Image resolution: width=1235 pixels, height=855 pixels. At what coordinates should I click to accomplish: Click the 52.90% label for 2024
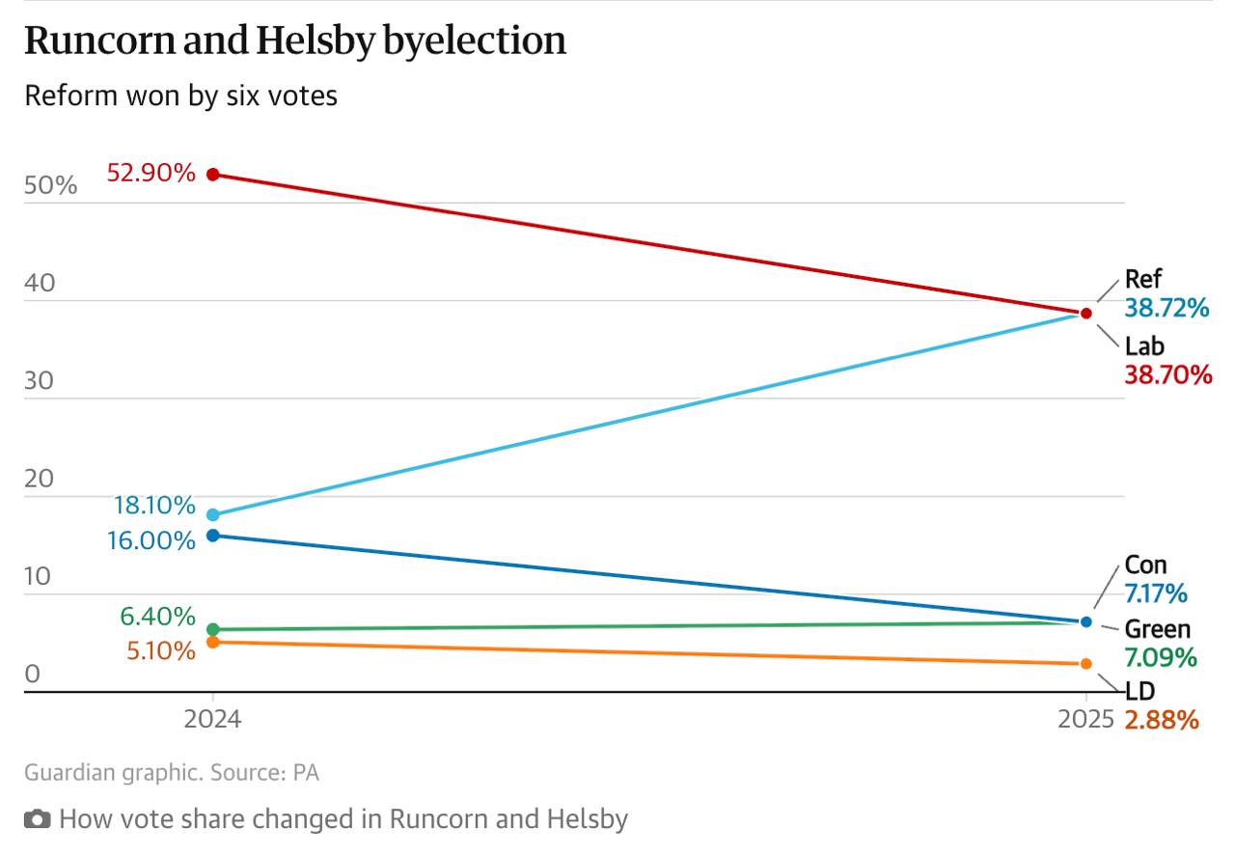(151, 174)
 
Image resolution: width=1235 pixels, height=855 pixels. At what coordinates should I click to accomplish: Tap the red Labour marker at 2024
(213, 175)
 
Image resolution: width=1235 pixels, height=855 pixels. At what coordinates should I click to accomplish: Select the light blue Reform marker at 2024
(213, 514)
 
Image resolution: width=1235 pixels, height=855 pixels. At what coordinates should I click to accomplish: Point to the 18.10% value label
(154, 506)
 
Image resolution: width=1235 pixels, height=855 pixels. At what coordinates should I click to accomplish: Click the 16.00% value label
(151, 540)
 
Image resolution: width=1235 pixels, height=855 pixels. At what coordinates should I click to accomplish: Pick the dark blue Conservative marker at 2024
(213, 535)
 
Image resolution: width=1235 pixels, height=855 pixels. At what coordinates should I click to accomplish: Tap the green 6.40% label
(157, 617)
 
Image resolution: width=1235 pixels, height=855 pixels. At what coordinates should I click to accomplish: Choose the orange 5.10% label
(161, 651)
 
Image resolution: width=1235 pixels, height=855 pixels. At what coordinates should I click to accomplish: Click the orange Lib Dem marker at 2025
(1086, 664)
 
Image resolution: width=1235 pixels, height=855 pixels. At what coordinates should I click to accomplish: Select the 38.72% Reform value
(1166, 309)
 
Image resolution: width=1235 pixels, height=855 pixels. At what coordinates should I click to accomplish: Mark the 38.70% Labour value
(1167, 374)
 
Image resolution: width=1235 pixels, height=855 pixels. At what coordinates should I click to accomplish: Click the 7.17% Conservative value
(1156, 593)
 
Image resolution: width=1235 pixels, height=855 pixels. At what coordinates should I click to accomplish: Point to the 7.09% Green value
(1161, 658)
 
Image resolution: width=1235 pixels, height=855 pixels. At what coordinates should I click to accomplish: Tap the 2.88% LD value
(1162, 720)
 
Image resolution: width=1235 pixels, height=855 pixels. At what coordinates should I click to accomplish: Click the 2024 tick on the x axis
(213, 719)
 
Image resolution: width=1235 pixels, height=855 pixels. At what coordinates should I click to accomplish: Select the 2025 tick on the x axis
(1085, 719)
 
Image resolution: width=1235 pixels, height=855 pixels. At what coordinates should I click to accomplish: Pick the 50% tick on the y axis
(50, 185)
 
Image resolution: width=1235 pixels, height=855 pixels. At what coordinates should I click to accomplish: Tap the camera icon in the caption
(37, 820)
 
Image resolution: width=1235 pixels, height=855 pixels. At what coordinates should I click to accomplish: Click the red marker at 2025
(1086, 314)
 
